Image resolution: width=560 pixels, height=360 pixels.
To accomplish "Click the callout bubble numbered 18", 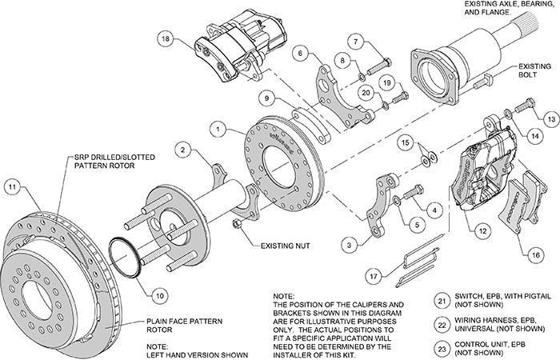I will click(164, 38).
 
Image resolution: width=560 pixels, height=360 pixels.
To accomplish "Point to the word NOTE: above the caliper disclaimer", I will click(284, 296).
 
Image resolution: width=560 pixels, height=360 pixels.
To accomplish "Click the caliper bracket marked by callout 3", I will click(377, 211).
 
